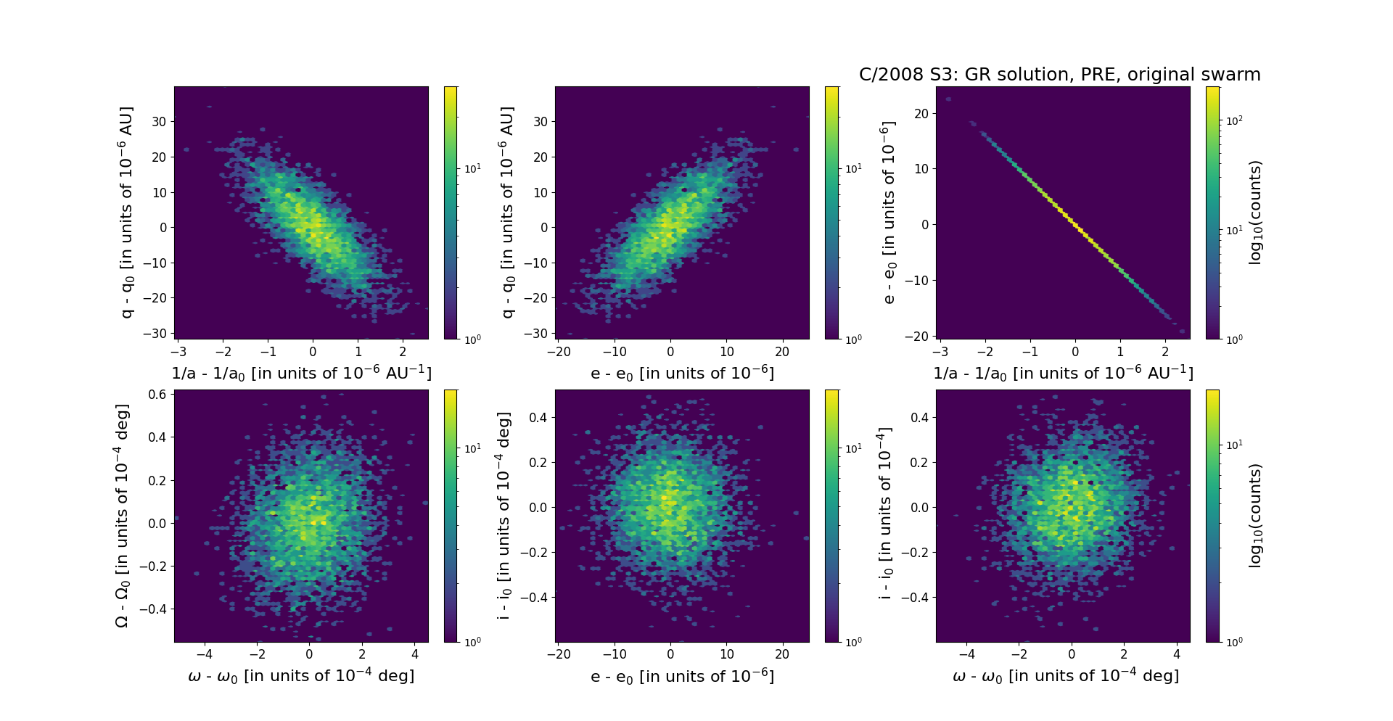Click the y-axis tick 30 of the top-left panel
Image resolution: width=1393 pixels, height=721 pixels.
159,122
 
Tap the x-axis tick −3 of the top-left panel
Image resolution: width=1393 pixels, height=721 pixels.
178,352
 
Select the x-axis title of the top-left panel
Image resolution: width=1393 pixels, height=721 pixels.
301,373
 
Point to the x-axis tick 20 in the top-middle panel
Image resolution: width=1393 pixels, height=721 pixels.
782,352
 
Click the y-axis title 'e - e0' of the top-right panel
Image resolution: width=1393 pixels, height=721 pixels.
889,213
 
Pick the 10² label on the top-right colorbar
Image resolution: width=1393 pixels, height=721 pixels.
1233,120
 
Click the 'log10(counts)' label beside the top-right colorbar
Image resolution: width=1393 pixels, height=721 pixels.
1256,213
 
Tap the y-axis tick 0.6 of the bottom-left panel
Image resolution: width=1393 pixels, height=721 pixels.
159,395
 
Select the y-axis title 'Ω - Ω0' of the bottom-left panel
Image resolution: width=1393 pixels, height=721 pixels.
123,516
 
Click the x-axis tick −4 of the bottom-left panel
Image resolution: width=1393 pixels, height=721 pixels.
204,654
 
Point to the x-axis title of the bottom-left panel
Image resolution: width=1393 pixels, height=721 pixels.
301,676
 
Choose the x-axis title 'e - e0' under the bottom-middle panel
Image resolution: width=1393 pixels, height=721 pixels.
682,677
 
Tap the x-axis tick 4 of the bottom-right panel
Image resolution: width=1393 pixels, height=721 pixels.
1177,654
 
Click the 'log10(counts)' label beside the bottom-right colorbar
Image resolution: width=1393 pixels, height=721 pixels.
1256,516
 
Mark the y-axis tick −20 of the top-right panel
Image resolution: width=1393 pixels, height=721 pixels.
917,337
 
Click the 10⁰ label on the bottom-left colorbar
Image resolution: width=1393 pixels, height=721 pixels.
472,641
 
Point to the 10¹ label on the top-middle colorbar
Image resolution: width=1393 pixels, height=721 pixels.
853,168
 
